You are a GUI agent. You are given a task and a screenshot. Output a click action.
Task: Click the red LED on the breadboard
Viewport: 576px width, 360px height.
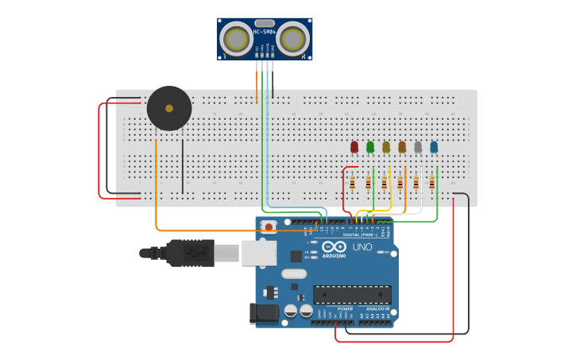(x=354, y=146)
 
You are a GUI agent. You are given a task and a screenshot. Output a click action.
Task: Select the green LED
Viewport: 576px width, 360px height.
(x=370, y=146)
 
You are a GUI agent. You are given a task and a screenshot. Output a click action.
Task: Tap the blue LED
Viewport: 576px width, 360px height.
(x=434, y=146)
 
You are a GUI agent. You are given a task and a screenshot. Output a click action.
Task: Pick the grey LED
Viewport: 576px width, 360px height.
(x=418, y=146)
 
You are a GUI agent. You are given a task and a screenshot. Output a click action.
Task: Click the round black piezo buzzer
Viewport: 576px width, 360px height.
(x=169, y=108)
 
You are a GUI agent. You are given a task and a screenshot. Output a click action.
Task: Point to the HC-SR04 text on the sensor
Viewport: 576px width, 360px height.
(x=265, y=32)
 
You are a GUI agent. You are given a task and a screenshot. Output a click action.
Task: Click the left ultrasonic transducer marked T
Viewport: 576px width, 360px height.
(x=235, y=38)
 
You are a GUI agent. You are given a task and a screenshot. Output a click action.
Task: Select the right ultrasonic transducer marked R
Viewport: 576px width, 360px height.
(x=294, y=38)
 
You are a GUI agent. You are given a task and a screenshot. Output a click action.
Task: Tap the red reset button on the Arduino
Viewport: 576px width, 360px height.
(x=269, y=227)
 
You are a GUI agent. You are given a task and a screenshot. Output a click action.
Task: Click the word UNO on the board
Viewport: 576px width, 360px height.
(x=362, y=247)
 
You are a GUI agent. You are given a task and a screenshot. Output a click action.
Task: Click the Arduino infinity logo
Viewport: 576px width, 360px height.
(x=334, y=247)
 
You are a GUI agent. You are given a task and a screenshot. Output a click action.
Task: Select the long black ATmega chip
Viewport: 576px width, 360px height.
(x=352, y=294)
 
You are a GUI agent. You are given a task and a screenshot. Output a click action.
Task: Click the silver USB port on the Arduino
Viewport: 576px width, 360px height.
(x=257, y=253)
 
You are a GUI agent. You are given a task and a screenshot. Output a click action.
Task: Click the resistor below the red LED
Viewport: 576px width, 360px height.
(x=352, y=184)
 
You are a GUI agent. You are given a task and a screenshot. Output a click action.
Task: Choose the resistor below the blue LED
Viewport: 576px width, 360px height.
(x=432, y=184)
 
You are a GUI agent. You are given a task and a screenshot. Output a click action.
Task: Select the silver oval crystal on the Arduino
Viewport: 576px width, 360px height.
(x=293, y=274)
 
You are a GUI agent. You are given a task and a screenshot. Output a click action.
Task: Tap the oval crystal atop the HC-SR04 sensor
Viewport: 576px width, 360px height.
(x=265, y=23)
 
